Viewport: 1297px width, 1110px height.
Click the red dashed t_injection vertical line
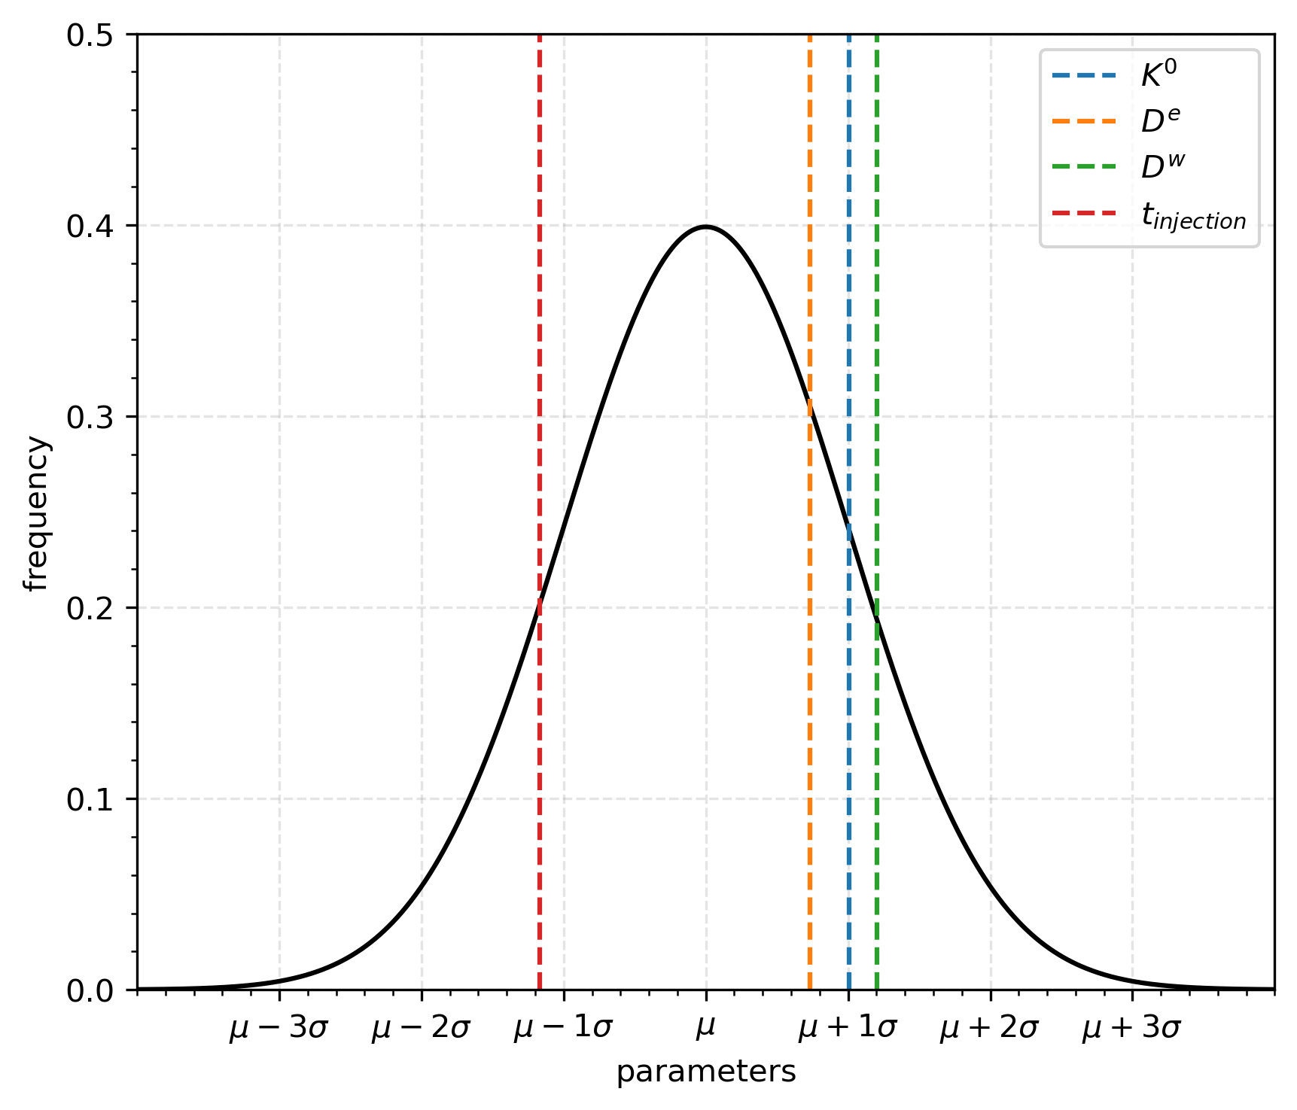tap(540, 376)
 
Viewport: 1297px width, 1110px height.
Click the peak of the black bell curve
tap(706, 227)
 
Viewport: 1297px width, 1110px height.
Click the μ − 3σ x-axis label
tap(279, 1028)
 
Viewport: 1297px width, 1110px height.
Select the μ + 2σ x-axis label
tap(989, 1028)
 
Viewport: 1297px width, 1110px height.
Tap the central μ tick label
tap(705, 1028)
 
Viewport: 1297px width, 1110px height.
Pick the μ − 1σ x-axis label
tap(563, 1028)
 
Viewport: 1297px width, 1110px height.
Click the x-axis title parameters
tap(705, 1072)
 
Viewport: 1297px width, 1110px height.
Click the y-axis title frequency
tap(36, 513)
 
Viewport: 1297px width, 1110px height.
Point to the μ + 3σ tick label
tap(1131, 1028)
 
